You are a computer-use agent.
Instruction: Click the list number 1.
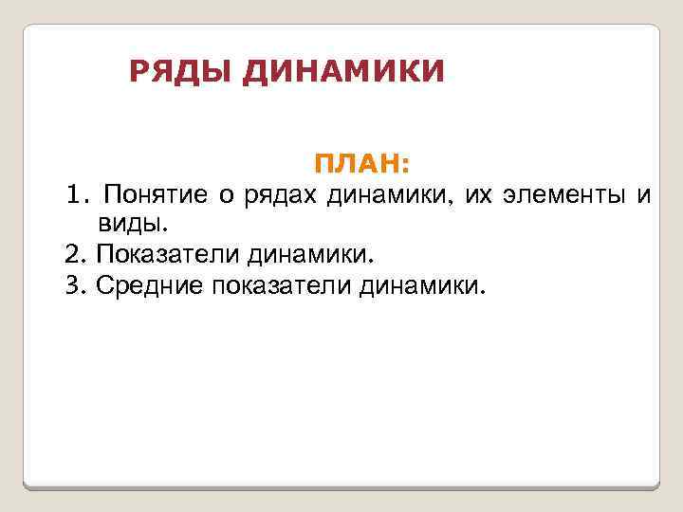75,195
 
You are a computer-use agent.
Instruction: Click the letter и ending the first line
645,196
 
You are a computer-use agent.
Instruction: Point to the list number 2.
75,254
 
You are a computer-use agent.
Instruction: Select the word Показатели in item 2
167,254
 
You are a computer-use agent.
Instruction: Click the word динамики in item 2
312,254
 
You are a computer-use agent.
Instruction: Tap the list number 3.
75,283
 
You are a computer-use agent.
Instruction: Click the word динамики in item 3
421,283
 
